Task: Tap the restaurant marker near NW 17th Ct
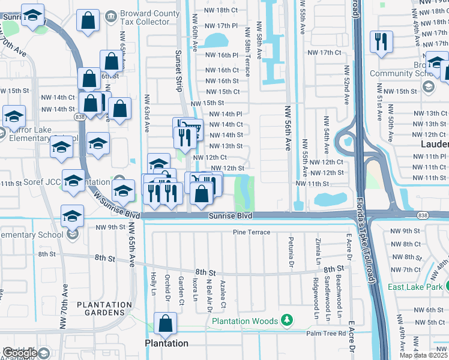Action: tap(381, 41)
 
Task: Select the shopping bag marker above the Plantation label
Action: tap(165, 324)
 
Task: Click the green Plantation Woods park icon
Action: tap(288, 321)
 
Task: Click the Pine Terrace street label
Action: tap(252, 232)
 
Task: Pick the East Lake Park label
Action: tap(415, 287)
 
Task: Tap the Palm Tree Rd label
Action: tap(326, 333)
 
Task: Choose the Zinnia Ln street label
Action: tap(317, 252)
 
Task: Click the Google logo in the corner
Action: tap(20, 353)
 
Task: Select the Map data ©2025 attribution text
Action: tap(423, 355)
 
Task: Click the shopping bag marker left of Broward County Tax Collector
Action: tap(88, 20)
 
